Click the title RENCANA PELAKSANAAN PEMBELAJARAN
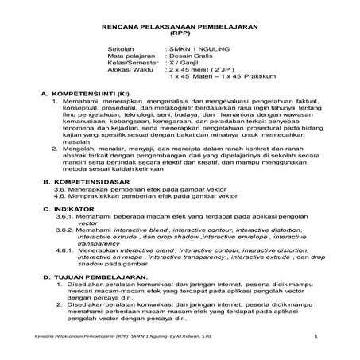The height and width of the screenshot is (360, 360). click(x=180, y=28)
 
